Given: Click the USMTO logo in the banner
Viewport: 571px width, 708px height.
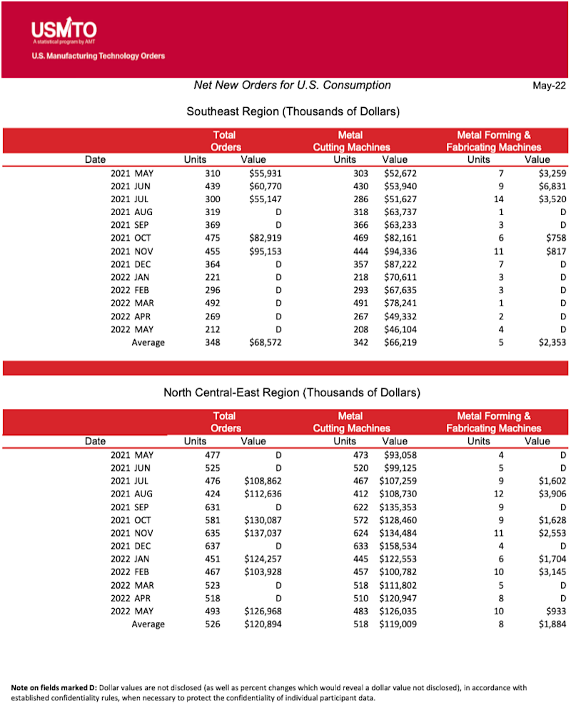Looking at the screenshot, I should pyautogui.click(x=64, y=30).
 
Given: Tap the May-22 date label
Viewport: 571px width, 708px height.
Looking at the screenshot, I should pyautogui.click(x=547, y=86).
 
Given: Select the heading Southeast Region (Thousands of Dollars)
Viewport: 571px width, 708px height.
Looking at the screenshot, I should pyautogui.click(x=293, y=111).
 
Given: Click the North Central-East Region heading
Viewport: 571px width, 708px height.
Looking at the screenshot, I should pyautogui.click(x=292, y=392).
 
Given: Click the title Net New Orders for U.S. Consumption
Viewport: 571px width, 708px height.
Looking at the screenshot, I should pyautogui.click(x=293, y=85).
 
